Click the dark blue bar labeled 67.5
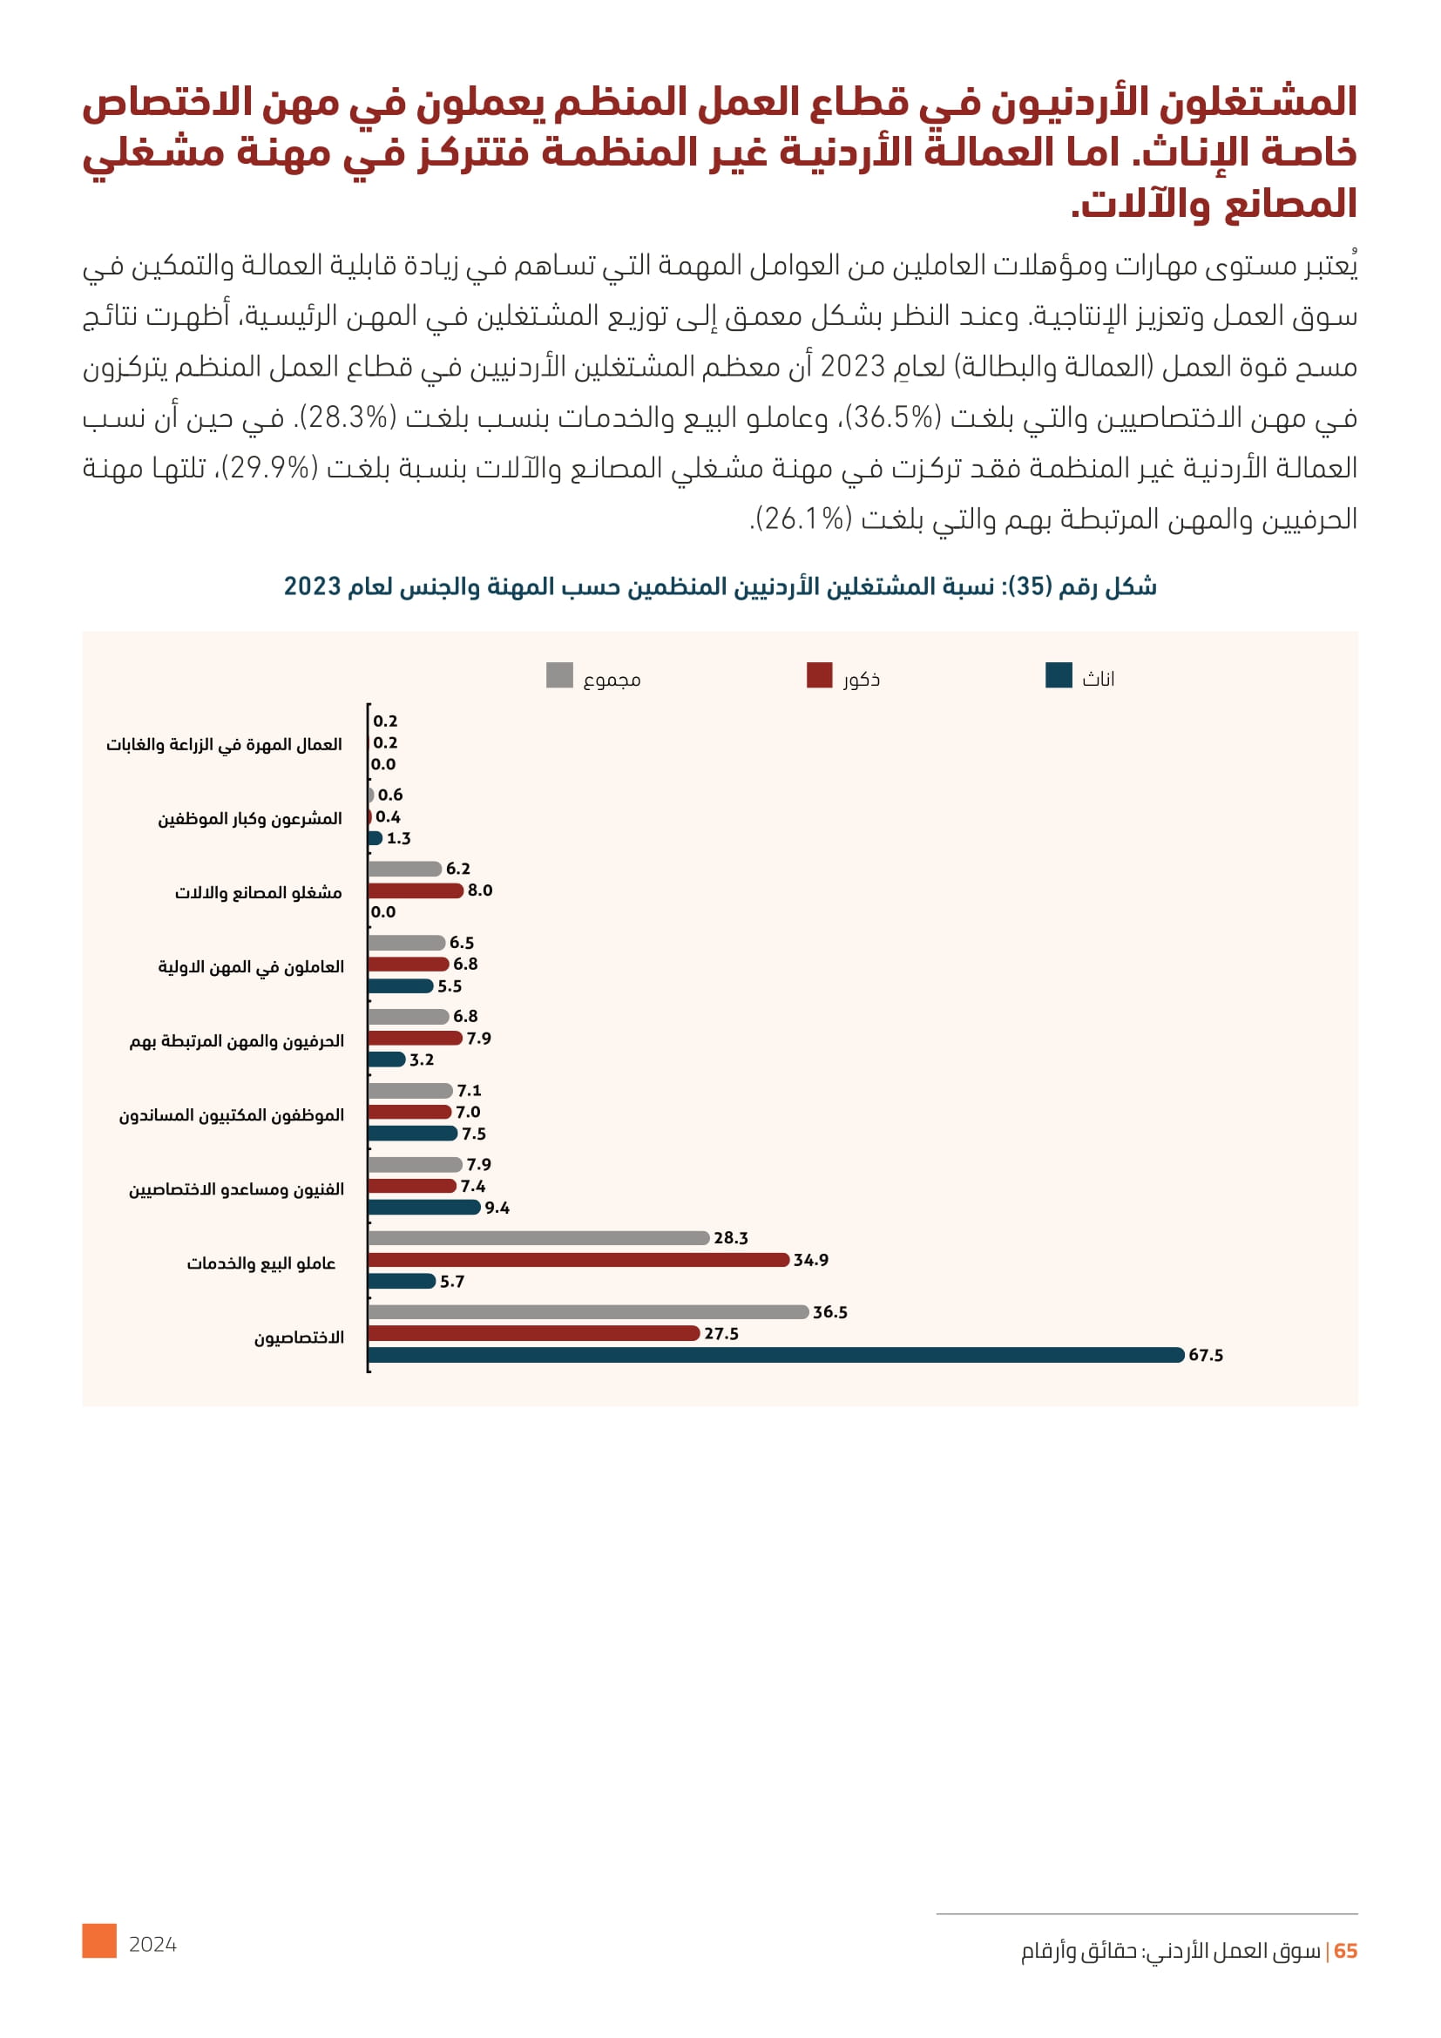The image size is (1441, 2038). [x=775, y=1355]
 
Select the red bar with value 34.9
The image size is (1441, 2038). [x=578, y=1260]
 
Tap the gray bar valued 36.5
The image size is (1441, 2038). [x=587, y=1312]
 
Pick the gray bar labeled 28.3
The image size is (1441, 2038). [x=538, y=1238]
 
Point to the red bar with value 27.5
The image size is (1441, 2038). [x=533, y=1333]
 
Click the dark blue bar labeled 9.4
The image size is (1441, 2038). [x=423, y=1207]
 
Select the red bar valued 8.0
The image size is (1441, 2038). [x=416, y=890]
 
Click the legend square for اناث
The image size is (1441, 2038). [x=1059, y=675]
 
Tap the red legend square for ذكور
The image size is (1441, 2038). [x=819, y=675]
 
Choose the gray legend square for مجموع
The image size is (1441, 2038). [x=559, y=675]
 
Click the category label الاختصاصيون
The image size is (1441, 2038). [x=299, y=1337]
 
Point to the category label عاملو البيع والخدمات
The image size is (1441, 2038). [x=260, y=1263]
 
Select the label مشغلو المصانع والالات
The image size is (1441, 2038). [x=258, y=893]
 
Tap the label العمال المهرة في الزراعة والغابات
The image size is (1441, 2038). [x=224, y=745]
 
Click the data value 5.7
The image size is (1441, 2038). [x=452, y=1282]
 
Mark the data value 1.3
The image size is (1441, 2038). [x=398, y=839]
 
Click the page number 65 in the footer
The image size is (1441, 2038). [x=1345, y=1951]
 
